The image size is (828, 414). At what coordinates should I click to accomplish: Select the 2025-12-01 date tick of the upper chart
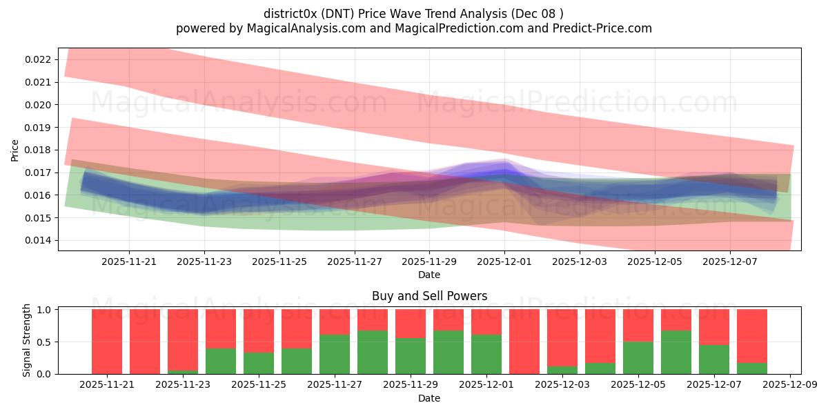504,262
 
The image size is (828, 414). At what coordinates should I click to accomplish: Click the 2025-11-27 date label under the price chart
354,262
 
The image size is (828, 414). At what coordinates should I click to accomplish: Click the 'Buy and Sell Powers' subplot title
429,296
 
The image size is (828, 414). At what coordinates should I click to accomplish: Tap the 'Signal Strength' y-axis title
26,340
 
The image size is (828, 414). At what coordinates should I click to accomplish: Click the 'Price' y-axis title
15,150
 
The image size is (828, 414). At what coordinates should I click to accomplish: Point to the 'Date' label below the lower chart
429,398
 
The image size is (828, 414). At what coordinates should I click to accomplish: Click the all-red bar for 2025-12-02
524,342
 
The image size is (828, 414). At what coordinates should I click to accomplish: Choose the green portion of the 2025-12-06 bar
676,353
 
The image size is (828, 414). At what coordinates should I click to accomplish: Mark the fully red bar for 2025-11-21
107,342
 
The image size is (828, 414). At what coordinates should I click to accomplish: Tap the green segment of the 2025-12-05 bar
638,358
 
